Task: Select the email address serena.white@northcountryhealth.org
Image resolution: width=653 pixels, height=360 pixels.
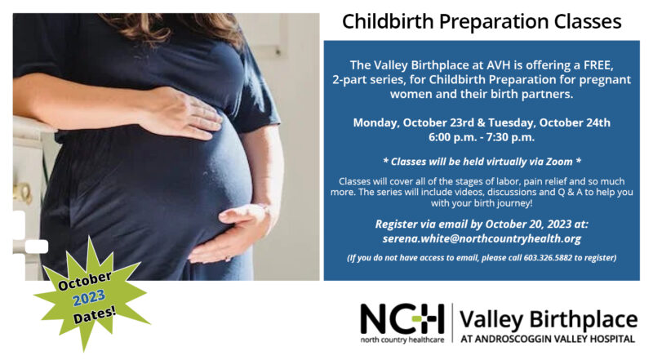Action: point(482,238)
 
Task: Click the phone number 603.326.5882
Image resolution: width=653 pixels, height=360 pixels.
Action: point(548,258)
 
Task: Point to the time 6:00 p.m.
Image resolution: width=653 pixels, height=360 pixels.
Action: point(453,137)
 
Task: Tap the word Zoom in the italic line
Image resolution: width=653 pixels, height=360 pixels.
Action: point(559,162)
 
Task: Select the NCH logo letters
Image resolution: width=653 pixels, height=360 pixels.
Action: point(402,319)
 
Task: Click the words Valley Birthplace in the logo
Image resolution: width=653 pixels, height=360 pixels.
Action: point(548,320)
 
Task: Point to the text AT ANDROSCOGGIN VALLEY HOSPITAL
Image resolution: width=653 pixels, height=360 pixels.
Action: point(548,339)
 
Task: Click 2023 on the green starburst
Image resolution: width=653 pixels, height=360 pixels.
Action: point(89,297)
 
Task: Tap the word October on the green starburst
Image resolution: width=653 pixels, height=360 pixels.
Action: point(85,281)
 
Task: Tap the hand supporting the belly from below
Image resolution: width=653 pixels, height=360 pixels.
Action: point(233,234)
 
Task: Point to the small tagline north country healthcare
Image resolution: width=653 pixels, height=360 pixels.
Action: point(402,340)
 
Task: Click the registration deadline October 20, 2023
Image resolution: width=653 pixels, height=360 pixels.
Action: point(528,224)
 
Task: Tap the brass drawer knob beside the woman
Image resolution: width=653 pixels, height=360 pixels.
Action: point(22,193)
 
